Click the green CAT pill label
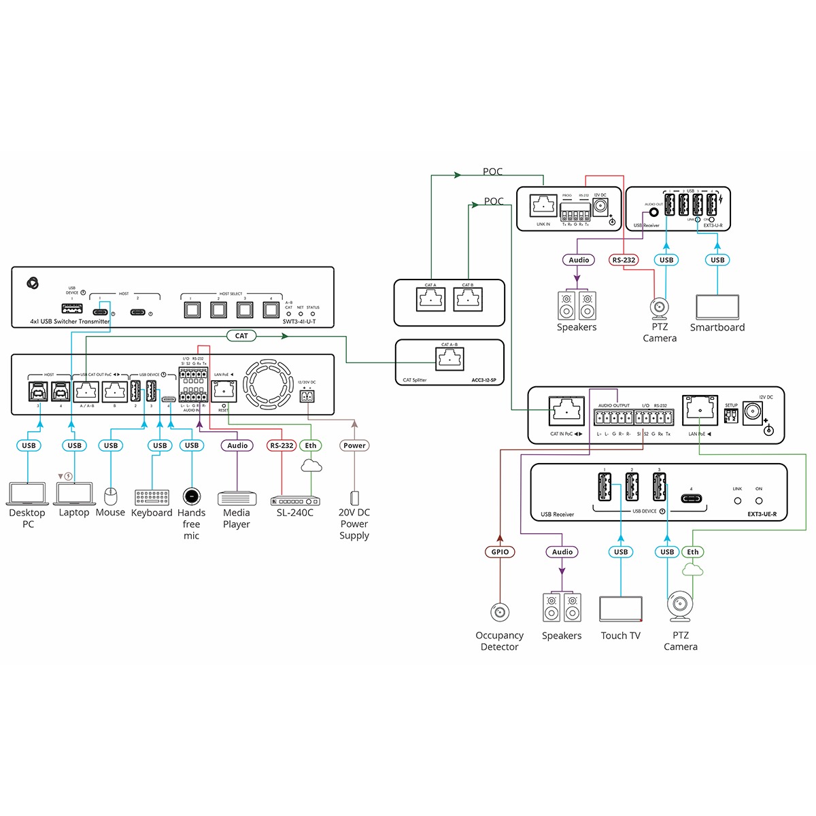coord(241,335)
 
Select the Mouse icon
coord(111,496)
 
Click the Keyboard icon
coord(152,497)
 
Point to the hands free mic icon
coord(192,495)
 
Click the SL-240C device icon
coord(295,501)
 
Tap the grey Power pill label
coord(354,445)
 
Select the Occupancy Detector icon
coord(500,612)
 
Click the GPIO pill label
coord(500,551)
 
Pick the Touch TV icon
coord(621,609)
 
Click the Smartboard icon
coord(717,307)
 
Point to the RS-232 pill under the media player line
coord(282,445)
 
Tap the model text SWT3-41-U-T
coord(299,322)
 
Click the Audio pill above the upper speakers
coord(579,260)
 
